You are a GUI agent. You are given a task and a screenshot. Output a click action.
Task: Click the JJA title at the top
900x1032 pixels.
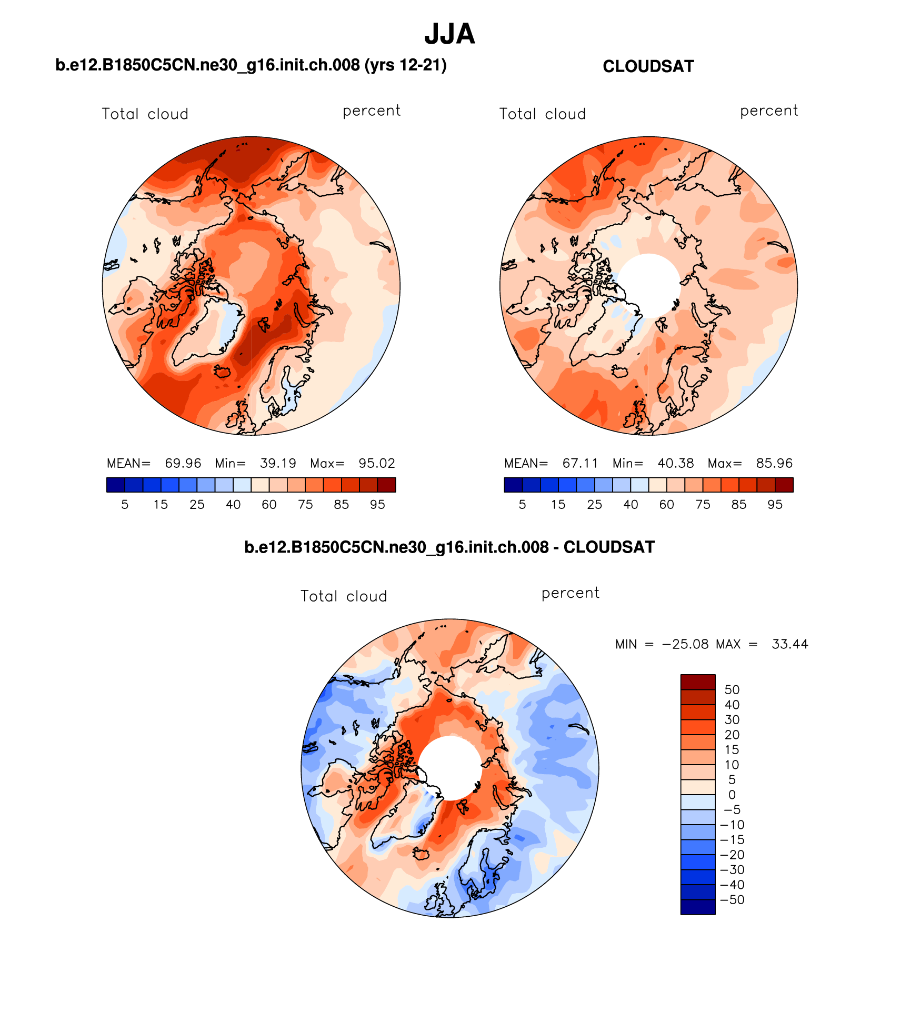pyautogui.click(x=449, y=34)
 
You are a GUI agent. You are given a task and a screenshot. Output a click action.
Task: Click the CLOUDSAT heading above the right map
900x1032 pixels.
pyautogui.click(x=648, y=66)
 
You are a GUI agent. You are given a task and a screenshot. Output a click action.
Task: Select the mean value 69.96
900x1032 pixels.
pyautogui.click(x=183, y=463)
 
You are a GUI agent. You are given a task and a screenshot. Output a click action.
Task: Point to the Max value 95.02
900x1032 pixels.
pyautogui.click(x=376, y=463)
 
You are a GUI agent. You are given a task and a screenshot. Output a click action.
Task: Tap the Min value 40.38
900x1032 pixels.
pyautogui.click(x=675, y=463)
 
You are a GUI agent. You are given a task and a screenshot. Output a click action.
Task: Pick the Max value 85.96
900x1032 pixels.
pyautogui.click(x=774, y=463)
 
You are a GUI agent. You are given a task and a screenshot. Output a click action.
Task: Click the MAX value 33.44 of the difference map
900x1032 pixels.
pyautogui.click(x=789, y=644)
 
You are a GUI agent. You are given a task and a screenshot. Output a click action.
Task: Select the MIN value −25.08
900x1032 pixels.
pyautogui.click(x=685, y=644)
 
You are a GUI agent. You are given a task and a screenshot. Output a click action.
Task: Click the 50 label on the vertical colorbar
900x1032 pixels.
pyautogui.click(x=732, y=689)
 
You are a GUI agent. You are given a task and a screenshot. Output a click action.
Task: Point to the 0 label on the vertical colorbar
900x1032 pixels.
pyautogui.click(x=732, y=795)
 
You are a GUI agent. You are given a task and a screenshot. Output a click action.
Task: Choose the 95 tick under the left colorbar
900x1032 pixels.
pyautogui.click(x=377, y=504)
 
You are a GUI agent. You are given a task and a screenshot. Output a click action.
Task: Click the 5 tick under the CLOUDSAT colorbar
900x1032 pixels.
pyautogui.click(x=522, y=504)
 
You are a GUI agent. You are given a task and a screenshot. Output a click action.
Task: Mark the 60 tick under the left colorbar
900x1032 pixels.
pyautogui.click(x=269, y=504)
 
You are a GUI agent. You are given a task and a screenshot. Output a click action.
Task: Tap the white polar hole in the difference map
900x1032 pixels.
pyautogui.click(x=450, y=768)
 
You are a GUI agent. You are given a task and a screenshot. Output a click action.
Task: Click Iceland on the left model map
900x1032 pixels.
pyautogui.click(x=222, y=372)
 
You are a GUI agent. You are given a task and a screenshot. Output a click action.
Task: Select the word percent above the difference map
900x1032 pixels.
pyautogui.click(x=570, y=593)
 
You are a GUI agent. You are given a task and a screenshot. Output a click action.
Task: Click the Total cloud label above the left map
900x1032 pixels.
pyautogui.click(x=145, y=114)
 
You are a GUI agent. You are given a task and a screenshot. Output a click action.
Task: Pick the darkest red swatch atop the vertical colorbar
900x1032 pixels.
pyautogui.click(x=697, y=682)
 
